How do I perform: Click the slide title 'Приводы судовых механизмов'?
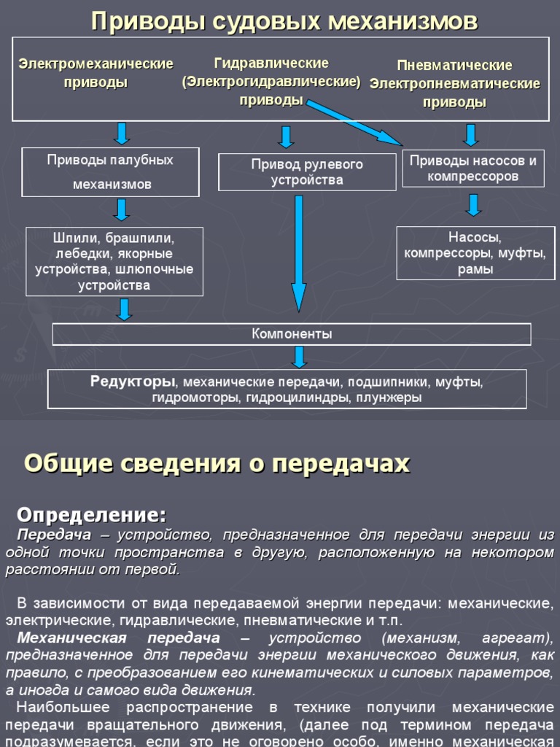pos(284,22)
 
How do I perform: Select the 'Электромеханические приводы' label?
pos(96,73)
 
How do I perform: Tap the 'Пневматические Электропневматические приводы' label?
pos(455,84)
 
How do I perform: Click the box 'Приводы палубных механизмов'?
pos(111,172)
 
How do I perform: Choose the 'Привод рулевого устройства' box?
pos(297,172)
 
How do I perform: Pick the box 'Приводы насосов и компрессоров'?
pos(473,169)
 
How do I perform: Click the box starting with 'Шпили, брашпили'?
pos(114,261)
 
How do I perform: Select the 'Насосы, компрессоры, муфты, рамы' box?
pos(475,253)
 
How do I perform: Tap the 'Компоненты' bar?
pos(292,334)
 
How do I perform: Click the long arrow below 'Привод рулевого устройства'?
pos(298,252)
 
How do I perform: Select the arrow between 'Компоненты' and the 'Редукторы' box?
pos(298,357)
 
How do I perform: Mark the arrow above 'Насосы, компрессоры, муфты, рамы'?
pos(473,204)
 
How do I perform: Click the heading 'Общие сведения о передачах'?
pos(217,463)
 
